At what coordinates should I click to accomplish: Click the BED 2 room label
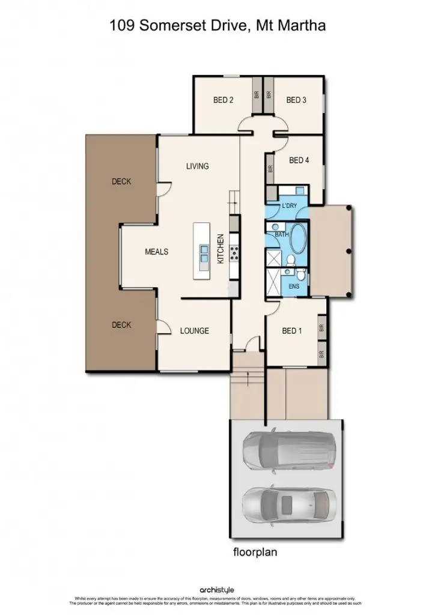224,100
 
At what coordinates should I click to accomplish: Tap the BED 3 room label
296,100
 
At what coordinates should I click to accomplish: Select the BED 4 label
299,160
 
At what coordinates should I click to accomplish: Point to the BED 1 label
292,331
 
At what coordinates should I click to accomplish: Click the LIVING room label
197,166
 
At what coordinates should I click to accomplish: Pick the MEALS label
156,252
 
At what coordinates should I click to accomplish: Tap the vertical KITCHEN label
221,249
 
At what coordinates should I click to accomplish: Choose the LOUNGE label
195,331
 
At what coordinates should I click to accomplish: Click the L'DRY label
290,207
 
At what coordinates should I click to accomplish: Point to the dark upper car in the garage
288,450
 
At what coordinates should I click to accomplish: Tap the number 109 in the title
120,26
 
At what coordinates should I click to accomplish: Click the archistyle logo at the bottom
217,591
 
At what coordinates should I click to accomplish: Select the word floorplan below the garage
255,552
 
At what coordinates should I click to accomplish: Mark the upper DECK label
121,181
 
